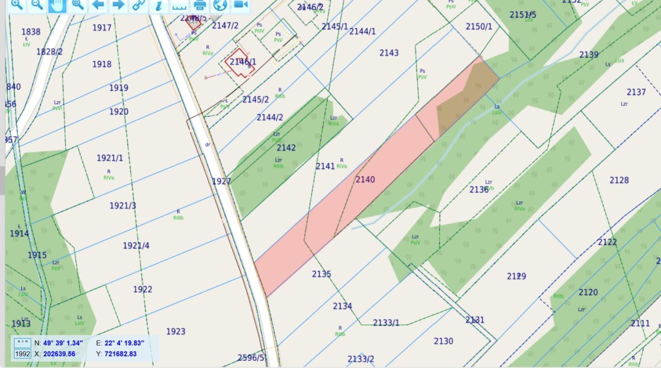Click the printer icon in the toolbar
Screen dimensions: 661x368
(x=200, y=5)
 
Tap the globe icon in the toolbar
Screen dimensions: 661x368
(x=220, y=5)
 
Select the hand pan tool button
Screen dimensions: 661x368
(x=57, y=5)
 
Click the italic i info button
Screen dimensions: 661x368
(x=159, y=5)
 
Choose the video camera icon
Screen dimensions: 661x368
(x=240, y=5)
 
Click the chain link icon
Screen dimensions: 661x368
(x=138, y=5)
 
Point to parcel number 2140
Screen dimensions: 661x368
(x=365, y=180)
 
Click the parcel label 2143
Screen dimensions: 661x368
(x=389, y=53)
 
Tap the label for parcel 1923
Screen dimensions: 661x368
(x=176, y=331)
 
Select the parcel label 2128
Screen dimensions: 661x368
(x=619, y=180)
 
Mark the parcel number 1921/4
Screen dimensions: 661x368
(x=136, y=246)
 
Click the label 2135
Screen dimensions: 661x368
(x=321, y=274)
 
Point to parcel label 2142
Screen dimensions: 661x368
(x=286, y=148)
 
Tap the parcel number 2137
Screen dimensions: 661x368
(x=636, y=92)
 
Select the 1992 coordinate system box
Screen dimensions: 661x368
(x=22, y=354)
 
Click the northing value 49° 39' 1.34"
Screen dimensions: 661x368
(x=63, y=343)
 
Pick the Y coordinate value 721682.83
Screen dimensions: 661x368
(x=119, y=354)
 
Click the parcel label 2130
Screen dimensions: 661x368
(x=443, y=341)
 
